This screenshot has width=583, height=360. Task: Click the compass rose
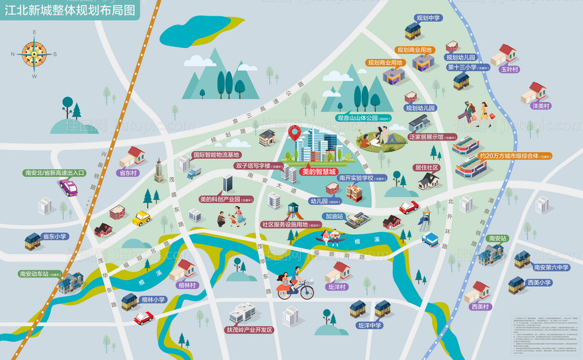coord(34,54)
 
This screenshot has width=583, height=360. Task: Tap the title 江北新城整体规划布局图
coord(71,10)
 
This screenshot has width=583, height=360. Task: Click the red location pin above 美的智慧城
coord(295,134)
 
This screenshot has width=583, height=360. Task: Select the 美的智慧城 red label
coord(319,173)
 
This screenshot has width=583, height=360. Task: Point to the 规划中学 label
coord(429,18)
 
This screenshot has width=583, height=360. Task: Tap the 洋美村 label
coord(540,106)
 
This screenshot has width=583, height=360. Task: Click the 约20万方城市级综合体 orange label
coord(515,156)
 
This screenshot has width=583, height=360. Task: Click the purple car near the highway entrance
coord(68,188)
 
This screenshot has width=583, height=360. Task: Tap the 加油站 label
coord(335,216)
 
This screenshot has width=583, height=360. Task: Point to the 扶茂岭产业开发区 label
coord(249,330)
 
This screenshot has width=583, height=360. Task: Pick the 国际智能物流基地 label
coord(216,155)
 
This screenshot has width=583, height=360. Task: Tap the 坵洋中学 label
coord(366,325)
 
